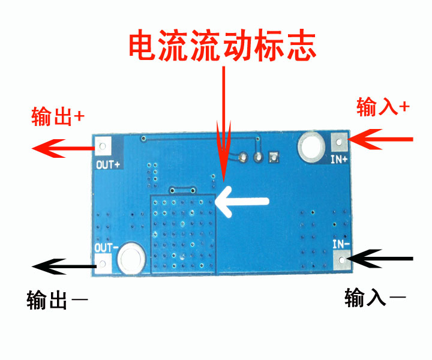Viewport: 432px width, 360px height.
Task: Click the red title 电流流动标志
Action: pyautogui.click(x=223, y=46)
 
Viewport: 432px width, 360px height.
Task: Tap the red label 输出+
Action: pyautogui.click(x=57, y=116)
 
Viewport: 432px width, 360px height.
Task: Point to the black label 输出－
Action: pyautogui.click(x=57, y=299)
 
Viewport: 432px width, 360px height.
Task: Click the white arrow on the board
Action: pyautogui.click(x=243, y=201)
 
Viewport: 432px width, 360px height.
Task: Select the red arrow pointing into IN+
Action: pyautogui.click(x=380, y=140)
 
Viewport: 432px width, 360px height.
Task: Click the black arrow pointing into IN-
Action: pyautogui.click(x=381, y=259)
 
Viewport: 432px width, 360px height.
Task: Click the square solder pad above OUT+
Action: pyautogui.click(x=104, y=145)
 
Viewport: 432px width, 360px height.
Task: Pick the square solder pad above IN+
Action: pyautogui.click(x=339, y=143)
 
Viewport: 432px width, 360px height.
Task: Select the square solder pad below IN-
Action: pyautogui.click(x=341, y=260)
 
